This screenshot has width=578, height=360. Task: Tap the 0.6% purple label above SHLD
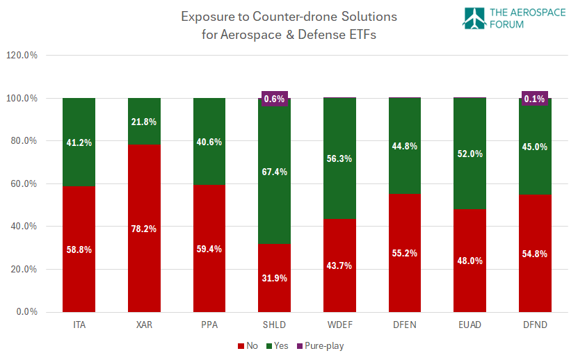click(x=274, y=99)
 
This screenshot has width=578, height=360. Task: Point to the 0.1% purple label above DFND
click(x=535, y=99)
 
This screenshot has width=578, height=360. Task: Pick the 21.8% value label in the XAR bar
click(x=144, y=122)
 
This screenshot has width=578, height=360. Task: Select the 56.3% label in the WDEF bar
click(x=339, y=158)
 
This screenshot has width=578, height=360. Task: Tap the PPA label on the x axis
click(x=209, y=325)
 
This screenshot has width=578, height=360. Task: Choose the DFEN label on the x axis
click(x=405, y=325)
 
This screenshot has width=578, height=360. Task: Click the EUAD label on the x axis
click(x=469, y=325)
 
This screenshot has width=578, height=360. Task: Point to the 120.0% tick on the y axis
click(x=22, y=56)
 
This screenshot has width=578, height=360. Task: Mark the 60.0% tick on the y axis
click(x=23, y=183)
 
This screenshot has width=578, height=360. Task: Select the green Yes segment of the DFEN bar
click(x=405, y=146)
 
